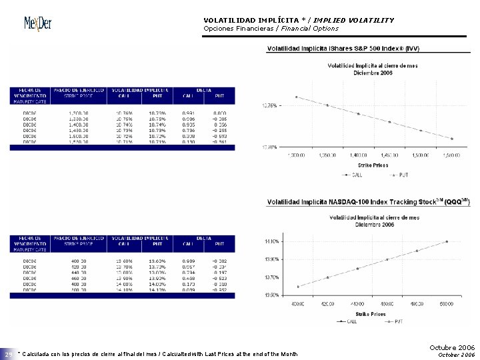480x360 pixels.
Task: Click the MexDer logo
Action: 38,24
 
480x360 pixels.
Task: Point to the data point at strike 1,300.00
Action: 296,97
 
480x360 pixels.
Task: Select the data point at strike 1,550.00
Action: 452,139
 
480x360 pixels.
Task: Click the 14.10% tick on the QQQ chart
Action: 272,241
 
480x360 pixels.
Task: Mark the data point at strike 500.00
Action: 447,241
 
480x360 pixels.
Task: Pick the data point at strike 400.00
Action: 297,287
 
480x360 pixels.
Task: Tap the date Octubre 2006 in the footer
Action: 452,347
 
